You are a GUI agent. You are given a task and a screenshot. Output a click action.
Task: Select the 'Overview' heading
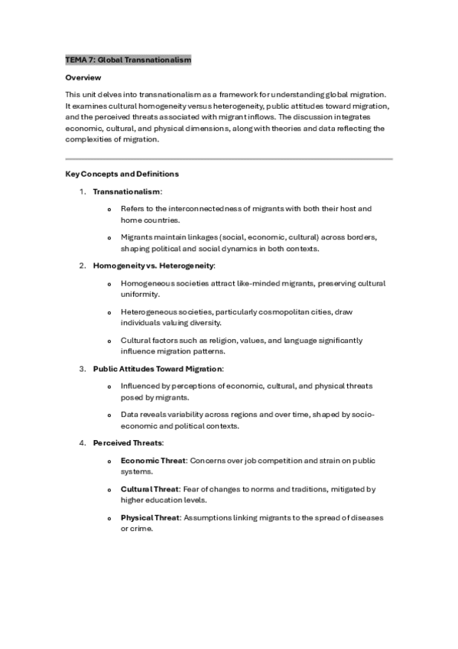point(83,78)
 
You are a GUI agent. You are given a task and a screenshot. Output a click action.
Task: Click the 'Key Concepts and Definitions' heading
point(122,174)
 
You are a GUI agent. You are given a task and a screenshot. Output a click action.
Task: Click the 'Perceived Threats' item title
point(126,443)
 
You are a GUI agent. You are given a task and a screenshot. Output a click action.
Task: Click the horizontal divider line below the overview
point(229,158)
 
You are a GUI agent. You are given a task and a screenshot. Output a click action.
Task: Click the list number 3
point(82,369)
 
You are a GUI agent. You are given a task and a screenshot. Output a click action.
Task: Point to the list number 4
point(82,443)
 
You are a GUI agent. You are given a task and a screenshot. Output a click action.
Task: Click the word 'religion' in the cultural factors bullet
point(200,341)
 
